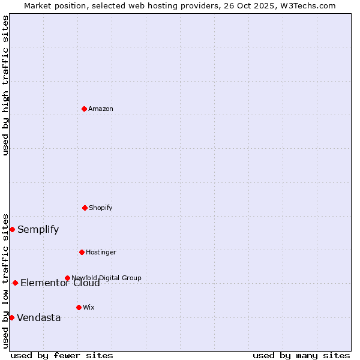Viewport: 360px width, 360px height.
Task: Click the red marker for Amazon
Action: coord(84,109)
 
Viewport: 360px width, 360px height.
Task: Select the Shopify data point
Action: coord(85,208)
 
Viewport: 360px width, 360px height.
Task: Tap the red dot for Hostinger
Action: coord(82,252)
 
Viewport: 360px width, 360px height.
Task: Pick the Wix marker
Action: coord(79,307)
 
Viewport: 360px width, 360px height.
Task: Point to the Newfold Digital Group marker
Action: coord(67,278)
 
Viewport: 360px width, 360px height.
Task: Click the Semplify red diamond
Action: coord(12,229)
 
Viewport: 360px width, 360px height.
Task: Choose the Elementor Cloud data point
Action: coord(15,283)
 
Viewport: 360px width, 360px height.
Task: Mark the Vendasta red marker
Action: coord(11,317)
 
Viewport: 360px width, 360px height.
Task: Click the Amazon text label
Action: coord(101,109)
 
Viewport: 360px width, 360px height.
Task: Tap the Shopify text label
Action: coord(101,208)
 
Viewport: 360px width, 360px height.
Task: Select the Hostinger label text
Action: coord(101,252)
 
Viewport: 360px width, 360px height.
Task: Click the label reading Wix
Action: coord(89,307)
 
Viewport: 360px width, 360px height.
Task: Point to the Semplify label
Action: coord(38,229)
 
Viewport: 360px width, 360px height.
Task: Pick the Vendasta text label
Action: coord(38,317)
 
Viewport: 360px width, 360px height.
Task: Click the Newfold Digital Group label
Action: coord(107,277)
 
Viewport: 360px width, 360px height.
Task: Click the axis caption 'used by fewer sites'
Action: coord(62,355)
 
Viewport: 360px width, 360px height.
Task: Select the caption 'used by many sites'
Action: coord(301,355)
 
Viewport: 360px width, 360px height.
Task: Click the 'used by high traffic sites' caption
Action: coord(5,85)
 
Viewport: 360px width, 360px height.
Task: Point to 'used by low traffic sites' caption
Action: coord(5,280)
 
